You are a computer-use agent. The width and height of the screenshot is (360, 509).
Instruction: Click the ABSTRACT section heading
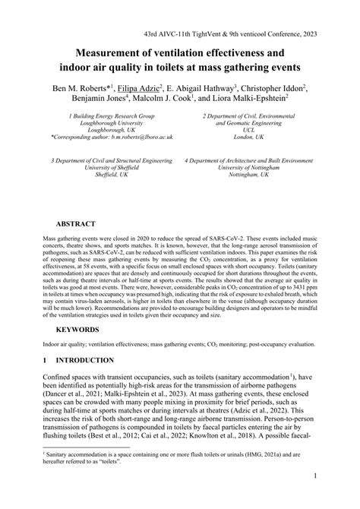click(x=75, y=225)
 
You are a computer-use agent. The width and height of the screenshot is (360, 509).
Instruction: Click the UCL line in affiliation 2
click(x=248, y=129)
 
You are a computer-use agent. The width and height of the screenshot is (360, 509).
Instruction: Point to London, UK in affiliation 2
click(x=248, y=138)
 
